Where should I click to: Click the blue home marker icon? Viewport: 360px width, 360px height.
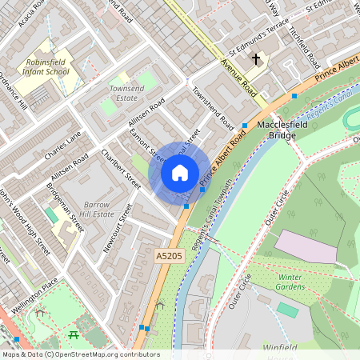[180, 173]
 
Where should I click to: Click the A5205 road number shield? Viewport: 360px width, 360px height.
[165, 255]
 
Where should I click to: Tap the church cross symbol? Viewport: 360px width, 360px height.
[256, 59]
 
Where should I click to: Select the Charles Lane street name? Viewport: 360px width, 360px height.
[63, 145]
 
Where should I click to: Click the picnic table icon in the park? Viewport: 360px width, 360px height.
[74, 334]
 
